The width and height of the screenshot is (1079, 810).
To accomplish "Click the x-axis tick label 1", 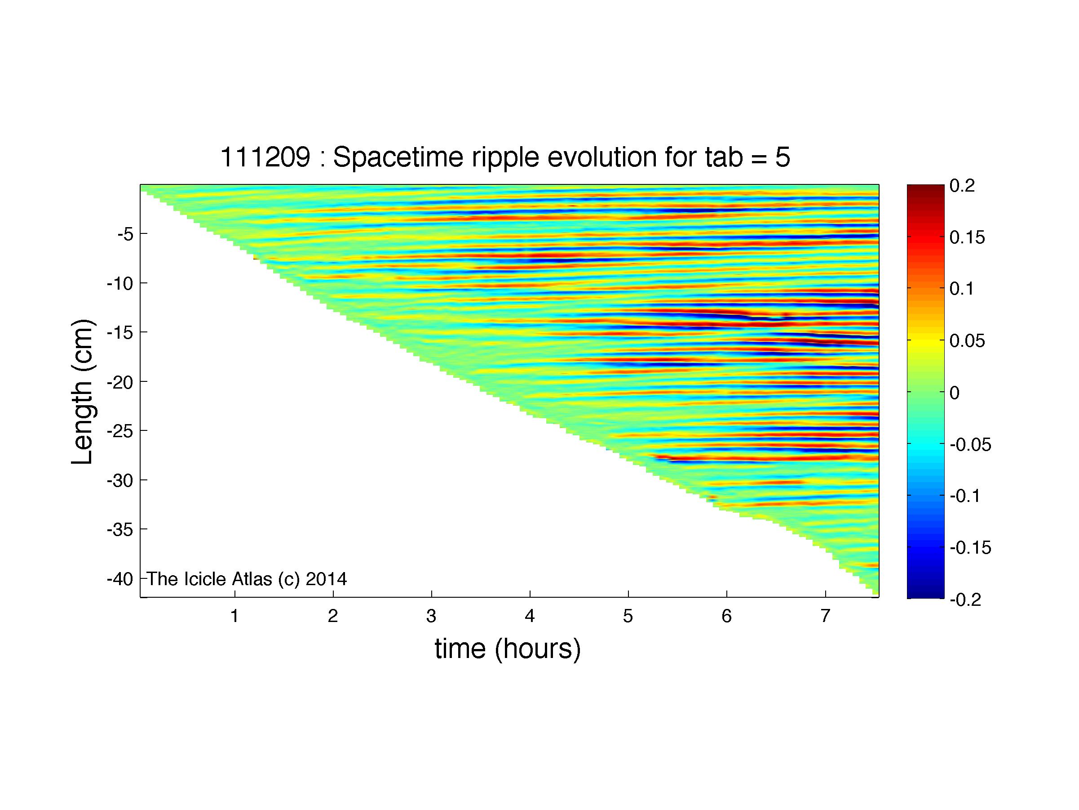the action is [x=234, y=616].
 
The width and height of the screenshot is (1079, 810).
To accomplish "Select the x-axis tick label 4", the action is [x=530, y=616].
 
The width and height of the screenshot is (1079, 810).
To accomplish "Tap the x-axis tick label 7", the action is [x=825, y=616].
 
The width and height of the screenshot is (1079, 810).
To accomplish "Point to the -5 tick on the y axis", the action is [x=125, y=234].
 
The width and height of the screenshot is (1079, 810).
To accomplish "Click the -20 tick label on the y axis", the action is [x=120, y=382].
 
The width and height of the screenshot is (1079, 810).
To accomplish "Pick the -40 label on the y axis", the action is [x=120, y=580].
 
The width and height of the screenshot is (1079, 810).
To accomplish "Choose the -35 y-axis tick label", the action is [x=120, y=530].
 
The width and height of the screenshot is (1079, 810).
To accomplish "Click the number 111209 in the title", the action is [x=265, y=158].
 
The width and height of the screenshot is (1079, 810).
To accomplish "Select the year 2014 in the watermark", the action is [x=326, y=579].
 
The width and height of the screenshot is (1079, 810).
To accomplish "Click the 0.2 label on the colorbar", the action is [x=962, y=186].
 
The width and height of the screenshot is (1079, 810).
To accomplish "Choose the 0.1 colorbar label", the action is [x=961, y=289].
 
